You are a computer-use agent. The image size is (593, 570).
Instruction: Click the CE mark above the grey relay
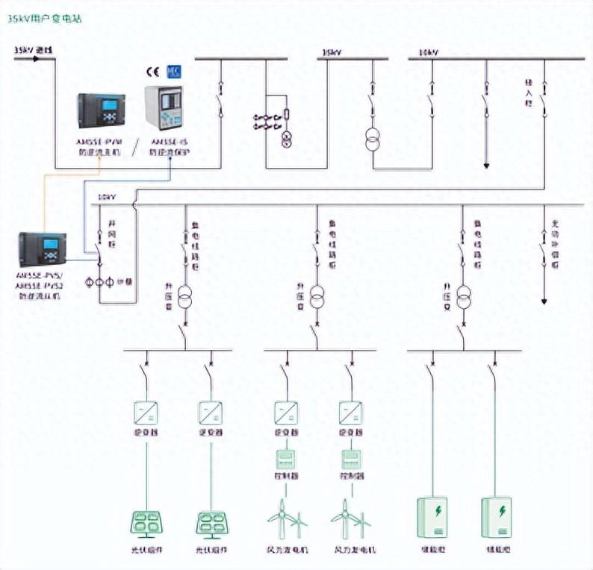pyautogui.click(x=152, y=72)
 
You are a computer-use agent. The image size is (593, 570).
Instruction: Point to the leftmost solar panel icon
pyautogui.click(x=148, y=523)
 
